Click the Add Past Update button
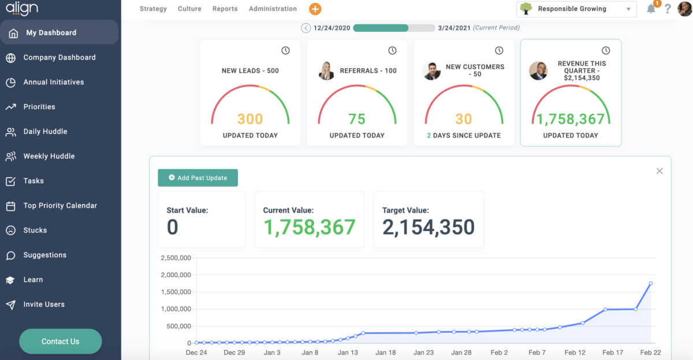click(x=198, y=178)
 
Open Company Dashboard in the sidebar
click(x=59, y=57)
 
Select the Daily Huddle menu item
click(x=45, y=131)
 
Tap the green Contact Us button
click(x=60, y=342)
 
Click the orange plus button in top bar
click(x=315, y=9)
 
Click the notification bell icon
click(x=651, y=9)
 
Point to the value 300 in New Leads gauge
click(x=250, y=119)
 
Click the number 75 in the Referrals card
click(x=357, y=119)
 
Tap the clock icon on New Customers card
click(x=499, y=51)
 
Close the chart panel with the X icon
click(x=660, y=171)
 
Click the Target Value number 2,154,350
click(x=429, y=227)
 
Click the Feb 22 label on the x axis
click(x=650, y=352)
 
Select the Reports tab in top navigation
click(x=225, y=9)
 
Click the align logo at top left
click(x=22, y=9)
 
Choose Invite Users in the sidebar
click(x=44, y=305)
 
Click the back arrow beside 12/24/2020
click(x=305, y=28)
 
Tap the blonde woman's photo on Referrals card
click(x=326, y=71)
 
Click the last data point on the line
click(x=650, y=283)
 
